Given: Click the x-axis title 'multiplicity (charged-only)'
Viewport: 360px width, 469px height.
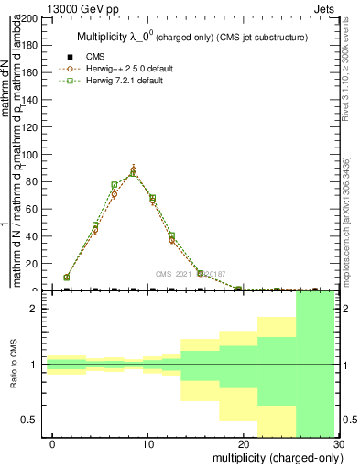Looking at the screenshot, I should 270,457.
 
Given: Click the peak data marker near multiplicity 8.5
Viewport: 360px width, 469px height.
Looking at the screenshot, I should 134,171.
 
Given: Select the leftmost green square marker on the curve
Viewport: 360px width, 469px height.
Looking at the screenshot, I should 66,277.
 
